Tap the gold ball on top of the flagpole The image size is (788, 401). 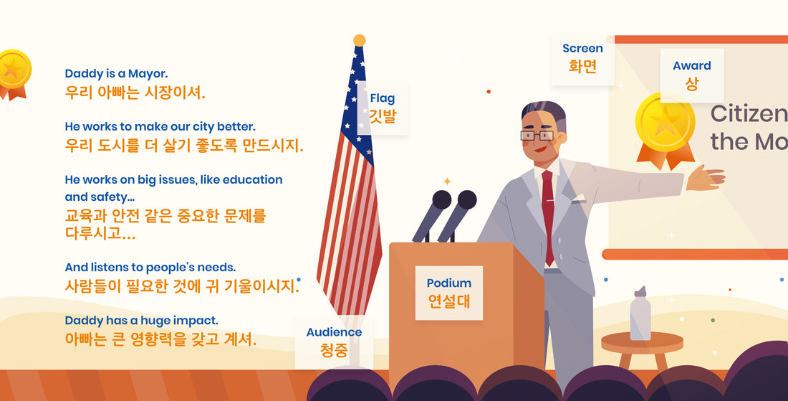coord(360,40)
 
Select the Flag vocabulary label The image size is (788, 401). coord(383,108)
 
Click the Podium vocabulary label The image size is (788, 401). coord(448,293)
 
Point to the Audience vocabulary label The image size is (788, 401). coord(335,342)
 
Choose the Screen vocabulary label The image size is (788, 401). coord(582,58)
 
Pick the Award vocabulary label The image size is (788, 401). coord(692,75)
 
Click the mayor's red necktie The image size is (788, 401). coord(548,217)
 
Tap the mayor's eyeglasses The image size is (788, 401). coord(537,136)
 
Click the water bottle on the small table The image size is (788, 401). coord(640,313)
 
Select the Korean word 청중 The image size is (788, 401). coord(335,351)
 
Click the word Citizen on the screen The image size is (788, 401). coord(749,114)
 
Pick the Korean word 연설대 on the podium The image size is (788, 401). coord(448,301)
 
